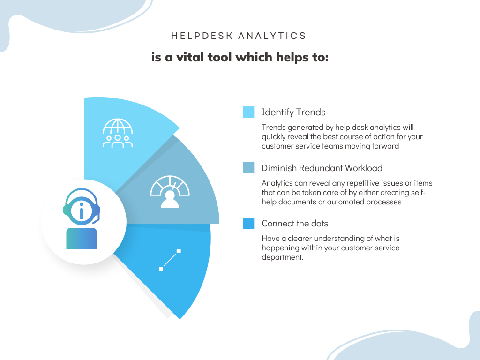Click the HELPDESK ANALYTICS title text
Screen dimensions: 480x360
(239, 36)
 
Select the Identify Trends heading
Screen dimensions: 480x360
(293, 112)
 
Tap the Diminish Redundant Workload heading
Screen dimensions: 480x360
(322, 168)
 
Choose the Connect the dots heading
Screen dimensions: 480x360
(295, 223)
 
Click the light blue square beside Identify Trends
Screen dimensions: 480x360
(248, 112)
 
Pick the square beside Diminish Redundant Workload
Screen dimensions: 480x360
(248, 168)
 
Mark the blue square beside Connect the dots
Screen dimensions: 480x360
(248, 223)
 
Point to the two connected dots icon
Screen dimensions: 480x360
(170, 260)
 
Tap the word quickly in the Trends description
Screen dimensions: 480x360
(275, 136)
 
